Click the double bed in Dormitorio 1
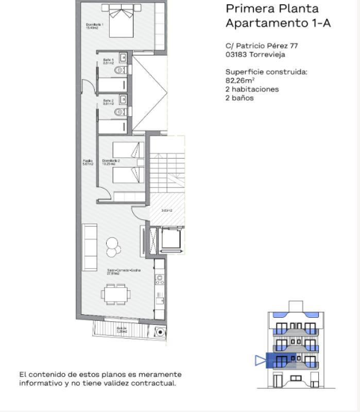118,20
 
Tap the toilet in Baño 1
120,70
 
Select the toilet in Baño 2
120,111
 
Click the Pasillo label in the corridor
88,162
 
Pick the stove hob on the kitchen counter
160,280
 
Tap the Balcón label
121,330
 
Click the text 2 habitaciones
252,89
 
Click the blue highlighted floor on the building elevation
290,360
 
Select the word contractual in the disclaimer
154,383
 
